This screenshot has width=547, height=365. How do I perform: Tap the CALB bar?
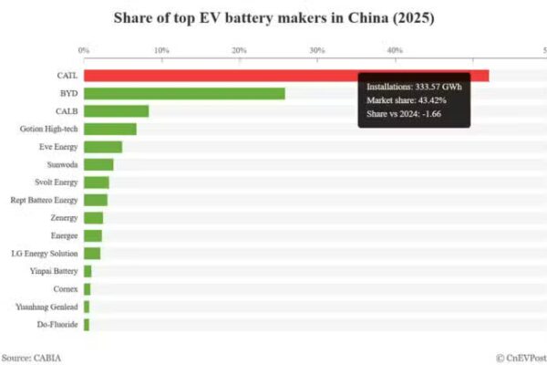pos(116,111)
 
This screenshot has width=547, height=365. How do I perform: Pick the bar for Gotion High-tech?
pos(109,129)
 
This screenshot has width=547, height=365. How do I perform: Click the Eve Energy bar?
pos(103,147)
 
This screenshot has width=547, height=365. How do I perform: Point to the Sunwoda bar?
pos(98,164)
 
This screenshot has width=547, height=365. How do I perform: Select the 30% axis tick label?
pos(317,49)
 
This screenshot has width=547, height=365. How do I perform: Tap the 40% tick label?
pos(395,49)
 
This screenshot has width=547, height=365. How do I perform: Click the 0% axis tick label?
pos(84,49)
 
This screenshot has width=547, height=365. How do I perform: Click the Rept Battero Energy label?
pos(44,200)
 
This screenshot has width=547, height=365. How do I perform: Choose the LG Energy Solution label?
pos(44,254)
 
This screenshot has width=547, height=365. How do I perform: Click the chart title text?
pos(273,17)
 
